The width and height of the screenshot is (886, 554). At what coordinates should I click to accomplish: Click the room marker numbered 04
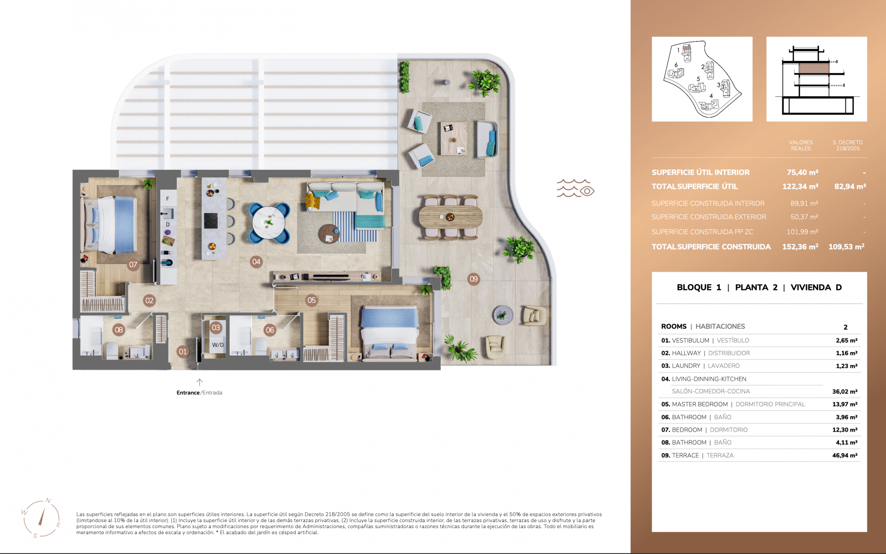click(x=256, y=262)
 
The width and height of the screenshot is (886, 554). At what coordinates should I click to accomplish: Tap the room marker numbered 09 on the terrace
click(x=473, y=279)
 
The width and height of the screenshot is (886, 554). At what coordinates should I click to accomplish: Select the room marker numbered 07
click(x=133, y=265)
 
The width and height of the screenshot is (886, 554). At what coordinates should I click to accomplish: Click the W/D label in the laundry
click(x=218, y=345)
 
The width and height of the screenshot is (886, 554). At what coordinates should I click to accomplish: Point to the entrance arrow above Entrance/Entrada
click(x=199, y=382)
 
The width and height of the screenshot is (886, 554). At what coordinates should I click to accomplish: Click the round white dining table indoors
click(x=269, y=223)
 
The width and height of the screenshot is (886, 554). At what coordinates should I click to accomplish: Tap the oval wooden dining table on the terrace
click(x=450, y=217)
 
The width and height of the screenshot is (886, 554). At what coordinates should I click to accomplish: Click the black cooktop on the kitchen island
click(x=211, y=220)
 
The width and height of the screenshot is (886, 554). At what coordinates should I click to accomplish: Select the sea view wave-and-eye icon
click(x=575, y=188)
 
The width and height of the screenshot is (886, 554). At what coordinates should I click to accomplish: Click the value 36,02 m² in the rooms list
click(x=844, y=391)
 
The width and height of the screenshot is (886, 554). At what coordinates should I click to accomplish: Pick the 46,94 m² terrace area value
click(x=844, y=455)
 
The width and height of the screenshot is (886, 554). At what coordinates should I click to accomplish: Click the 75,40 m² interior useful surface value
click(x=802, y=172)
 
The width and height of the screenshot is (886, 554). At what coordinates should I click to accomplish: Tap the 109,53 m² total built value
click(x=846, y=247)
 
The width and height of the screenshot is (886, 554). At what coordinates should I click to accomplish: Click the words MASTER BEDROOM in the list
click(x=700, y=404)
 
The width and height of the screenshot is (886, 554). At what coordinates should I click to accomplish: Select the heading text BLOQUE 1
click(x=699, y=287)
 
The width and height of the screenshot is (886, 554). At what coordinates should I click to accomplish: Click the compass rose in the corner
click(x=42, y=519)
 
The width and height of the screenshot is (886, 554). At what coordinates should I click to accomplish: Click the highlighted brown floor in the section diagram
click(x=814, y=69)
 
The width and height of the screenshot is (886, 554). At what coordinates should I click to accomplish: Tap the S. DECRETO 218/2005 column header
click(x=847, y=145)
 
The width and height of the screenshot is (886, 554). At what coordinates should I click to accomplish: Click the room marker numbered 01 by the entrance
click(x=183, y=352)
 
